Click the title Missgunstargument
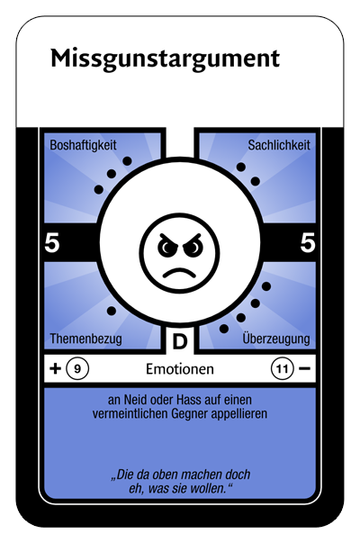point(165,59)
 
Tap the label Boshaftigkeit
point(83,145)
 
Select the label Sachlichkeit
point(279,145)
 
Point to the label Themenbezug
point(85,339)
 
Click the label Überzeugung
point(276,338)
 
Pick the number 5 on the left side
point(52,242)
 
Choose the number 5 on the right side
point(308,242)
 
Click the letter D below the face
point(180,341)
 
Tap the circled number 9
point(77,368)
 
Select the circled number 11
point(283,368)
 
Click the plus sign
point(56,368)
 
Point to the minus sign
point(304,368)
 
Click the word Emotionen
point(180,369)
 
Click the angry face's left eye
point(167,246)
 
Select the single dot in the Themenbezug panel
point(112,311)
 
